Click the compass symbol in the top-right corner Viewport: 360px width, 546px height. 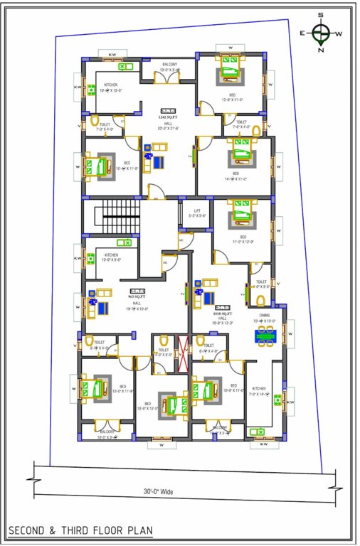(x=321, y=32)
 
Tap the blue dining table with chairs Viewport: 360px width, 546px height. (x=267, y=333)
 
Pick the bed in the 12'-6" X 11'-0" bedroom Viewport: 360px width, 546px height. (x=230, y=73)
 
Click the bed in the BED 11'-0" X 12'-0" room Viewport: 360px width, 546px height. (x=240, y=214)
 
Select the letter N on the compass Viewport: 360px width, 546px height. (x=322, y=50)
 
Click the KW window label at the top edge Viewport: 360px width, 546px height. (x=112, y=54)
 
